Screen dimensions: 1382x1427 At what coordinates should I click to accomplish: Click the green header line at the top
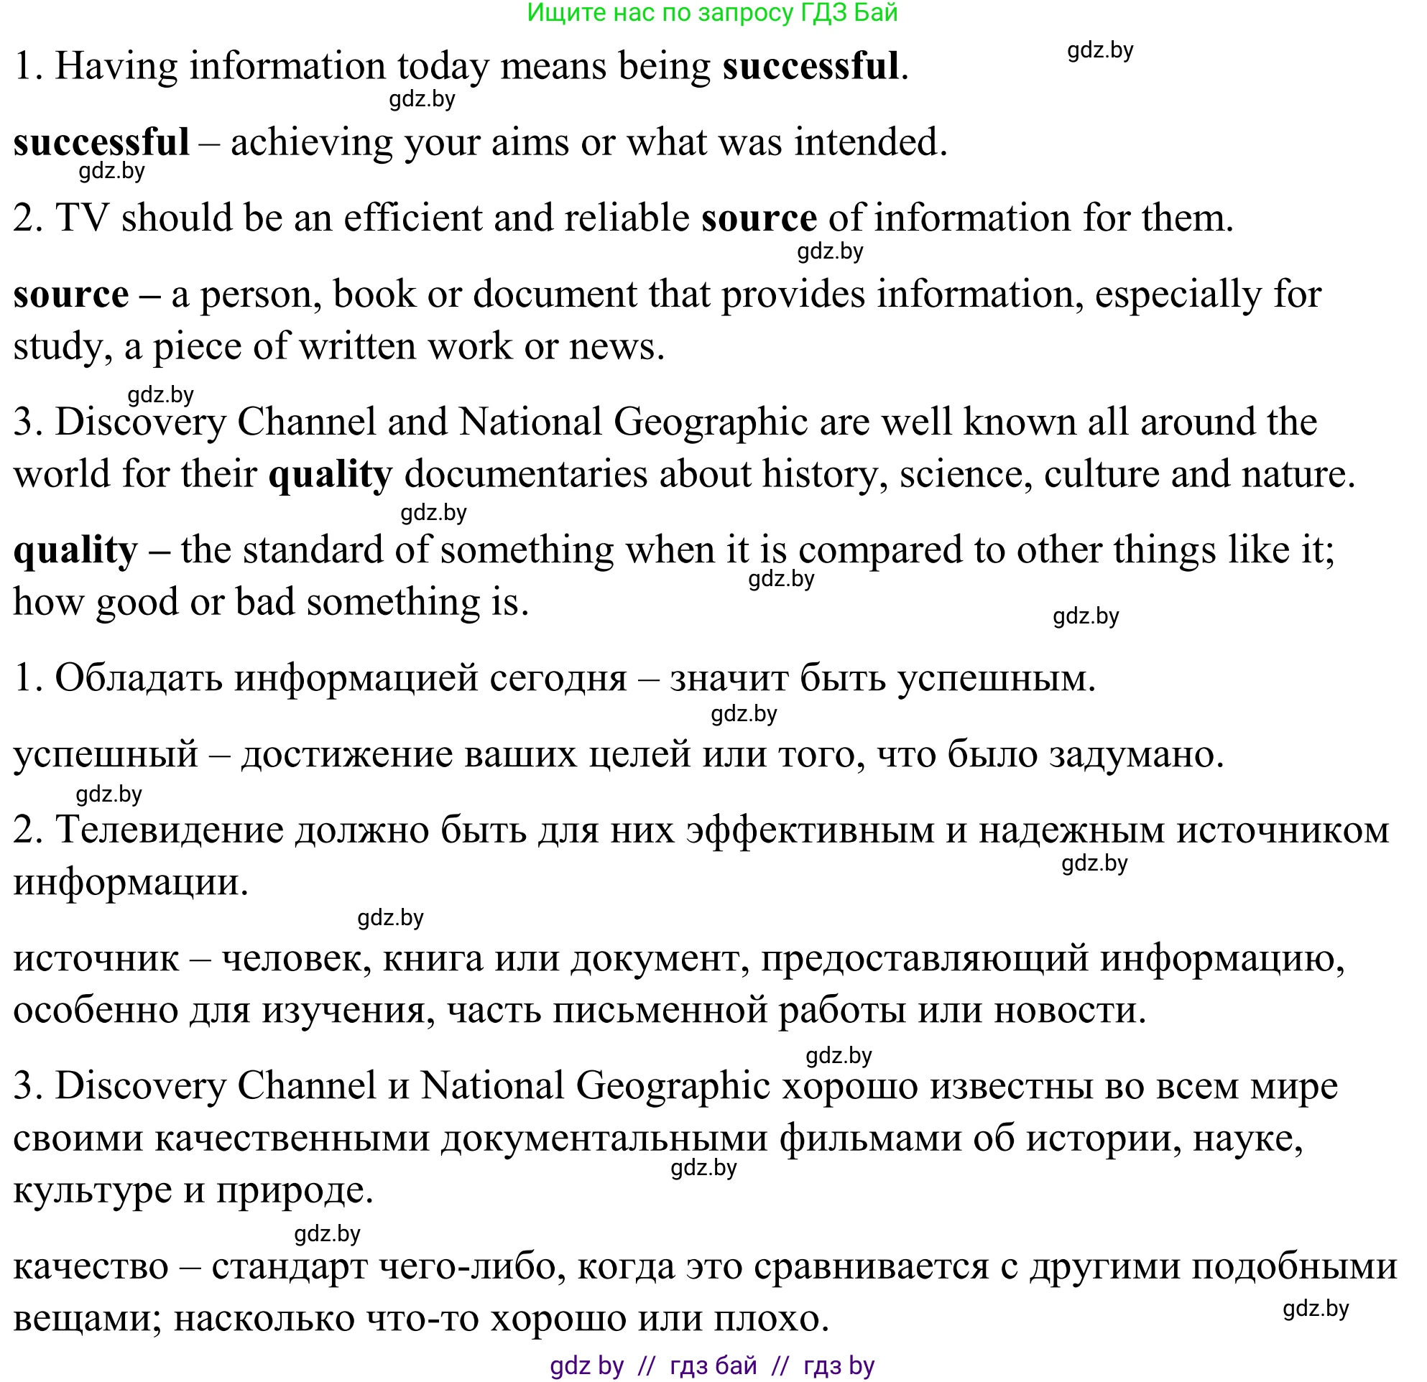click(x=711, y=12)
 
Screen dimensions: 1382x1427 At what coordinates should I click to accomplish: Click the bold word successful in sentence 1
click(x=811, y=66)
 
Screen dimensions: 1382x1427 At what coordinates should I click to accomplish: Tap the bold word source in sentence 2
click(x=759, y=218)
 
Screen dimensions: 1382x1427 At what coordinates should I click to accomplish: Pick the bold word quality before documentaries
click(x=330, y=475)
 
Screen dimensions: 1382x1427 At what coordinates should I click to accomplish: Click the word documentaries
click(x=526, y=475)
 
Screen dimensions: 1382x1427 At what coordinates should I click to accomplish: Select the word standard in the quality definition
click(x=313, y=550)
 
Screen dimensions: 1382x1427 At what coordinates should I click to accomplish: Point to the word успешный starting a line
click(x=106, y=754)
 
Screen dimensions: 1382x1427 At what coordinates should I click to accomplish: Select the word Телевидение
click(x=169, y=830)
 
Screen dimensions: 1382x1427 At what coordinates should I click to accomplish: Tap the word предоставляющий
click(x=925, y=958)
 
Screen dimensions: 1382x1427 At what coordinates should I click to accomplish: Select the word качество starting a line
click(x=91, y=1266)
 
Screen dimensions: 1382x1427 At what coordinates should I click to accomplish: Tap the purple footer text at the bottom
click(x=711, y=1365)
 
